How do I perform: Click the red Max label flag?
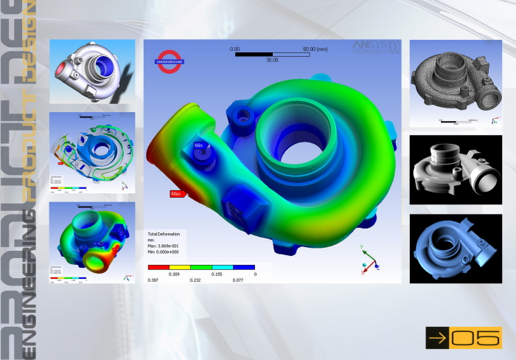[x=177, y=194]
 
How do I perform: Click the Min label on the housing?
[x=199, y=146]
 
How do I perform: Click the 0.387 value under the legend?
[x=153, y=280]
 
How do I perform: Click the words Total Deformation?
[x=164, y=234]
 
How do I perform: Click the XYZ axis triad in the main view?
[x=368, y=258]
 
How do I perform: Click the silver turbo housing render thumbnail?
[x=92, y=71]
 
